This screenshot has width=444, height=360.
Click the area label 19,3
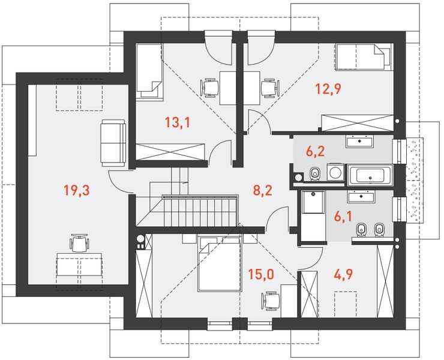(77, 190)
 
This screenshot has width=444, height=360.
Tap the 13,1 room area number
(178, 122)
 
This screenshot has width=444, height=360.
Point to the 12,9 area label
(328, 89)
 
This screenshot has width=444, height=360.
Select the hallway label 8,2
(262, 190)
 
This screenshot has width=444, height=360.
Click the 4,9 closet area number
(343, 274)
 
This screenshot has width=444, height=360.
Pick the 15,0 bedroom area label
(261, 274)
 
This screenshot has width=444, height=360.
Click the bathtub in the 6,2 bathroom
(370, 175)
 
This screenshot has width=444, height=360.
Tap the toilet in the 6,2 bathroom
(314, 173)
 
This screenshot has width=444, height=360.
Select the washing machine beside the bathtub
(335, 172)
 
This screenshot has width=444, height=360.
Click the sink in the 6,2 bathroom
(359, 142)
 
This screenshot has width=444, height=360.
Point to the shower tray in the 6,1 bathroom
(313, 202)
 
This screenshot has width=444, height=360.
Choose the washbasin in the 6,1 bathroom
(361, 196)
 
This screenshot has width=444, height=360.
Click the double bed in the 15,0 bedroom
(220, 264)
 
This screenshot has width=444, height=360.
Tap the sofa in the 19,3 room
(113, 143)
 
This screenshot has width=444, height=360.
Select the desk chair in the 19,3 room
(79, 243)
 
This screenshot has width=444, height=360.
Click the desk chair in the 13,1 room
(210, 88)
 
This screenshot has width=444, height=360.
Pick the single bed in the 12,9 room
(364, 56)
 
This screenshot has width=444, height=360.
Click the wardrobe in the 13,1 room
(170, 152)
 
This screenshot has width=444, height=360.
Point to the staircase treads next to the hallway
(200, 210)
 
